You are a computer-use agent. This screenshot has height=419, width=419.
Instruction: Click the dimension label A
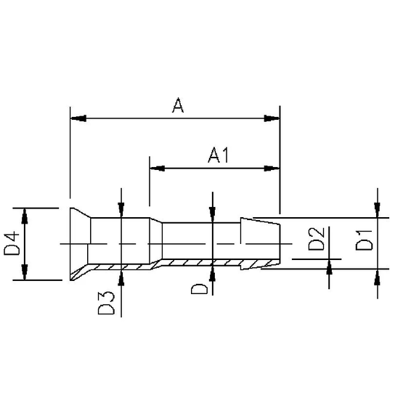coord(178,107)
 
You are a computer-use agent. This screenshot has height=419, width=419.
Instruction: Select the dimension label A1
coord(219,155)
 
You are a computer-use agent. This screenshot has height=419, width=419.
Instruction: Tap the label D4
coord(12,244)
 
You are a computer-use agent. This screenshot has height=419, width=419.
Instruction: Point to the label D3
coord(107,303)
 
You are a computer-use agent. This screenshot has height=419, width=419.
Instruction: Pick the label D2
coord(316,239)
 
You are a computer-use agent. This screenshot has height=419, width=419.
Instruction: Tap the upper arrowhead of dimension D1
coord(378,210)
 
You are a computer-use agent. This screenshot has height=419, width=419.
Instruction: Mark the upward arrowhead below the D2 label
coord(330,267)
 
